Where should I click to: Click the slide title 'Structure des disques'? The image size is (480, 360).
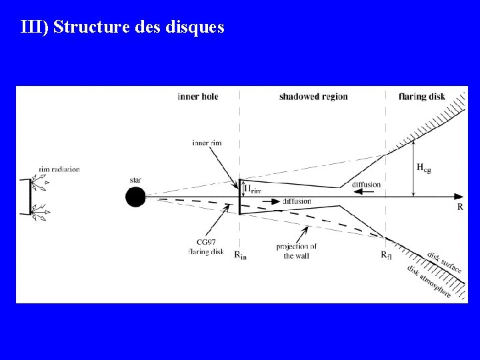click(x=123, y=27)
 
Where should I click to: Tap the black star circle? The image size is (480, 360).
click(x=136, y=197)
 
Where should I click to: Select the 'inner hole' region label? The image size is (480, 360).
click(x=198, y=97)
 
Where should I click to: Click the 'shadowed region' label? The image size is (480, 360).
click(x=313, y=97)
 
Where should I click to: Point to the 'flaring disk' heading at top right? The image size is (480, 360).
click(x=422, y=97)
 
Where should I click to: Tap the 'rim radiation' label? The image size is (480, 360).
click(x=59, y=169)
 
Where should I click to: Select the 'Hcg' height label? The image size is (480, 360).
click(x=423, y=168)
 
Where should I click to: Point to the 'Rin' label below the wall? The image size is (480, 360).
click(x=240, y=255)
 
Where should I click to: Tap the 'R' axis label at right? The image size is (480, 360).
click(x=460, y=207)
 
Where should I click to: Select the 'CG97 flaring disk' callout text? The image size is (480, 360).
click(x=206, y=247)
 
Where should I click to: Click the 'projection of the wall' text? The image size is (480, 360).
click(x=296, y=251)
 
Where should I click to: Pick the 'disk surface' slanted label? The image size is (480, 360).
click(x=445, y=261)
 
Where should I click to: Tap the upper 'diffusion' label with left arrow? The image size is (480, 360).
click(x=366, y=185)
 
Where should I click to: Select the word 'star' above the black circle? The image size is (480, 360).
click(x=136, y=180)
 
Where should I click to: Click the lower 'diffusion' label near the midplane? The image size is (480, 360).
click(x=297, y=201)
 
